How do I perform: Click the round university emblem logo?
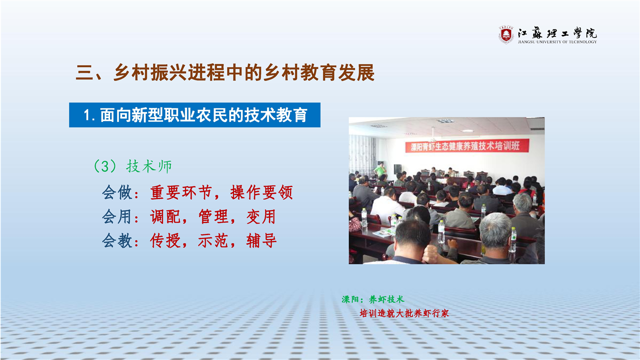tap(506, 35)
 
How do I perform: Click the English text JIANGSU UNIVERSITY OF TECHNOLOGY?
tap(557, 41)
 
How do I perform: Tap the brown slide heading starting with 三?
tap(225, 72)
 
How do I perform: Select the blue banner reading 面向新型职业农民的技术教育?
tap(194, 115)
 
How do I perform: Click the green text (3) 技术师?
tap(133, 166)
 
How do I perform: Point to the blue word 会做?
tap(117, 192)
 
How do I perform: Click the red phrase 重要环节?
tap(181, 192)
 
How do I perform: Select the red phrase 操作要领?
tap(261, 192)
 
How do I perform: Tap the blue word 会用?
tap(117, 216)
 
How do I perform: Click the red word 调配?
tap(165, 216)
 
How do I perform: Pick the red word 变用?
tap(261, 216)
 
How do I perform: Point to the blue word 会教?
tap(117, 240)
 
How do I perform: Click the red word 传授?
tap(165, 240)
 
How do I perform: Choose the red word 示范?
tap(213, 240)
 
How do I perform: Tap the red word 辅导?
tap(261, 240)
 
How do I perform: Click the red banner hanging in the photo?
tap(467, 145)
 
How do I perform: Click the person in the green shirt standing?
tap(380, 170)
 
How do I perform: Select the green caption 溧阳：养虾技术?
tap(373, 299)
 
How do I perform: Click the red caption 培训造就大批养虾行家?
tap(404, 313)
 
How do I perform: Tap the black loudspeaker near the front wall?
tap(397, 169)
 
